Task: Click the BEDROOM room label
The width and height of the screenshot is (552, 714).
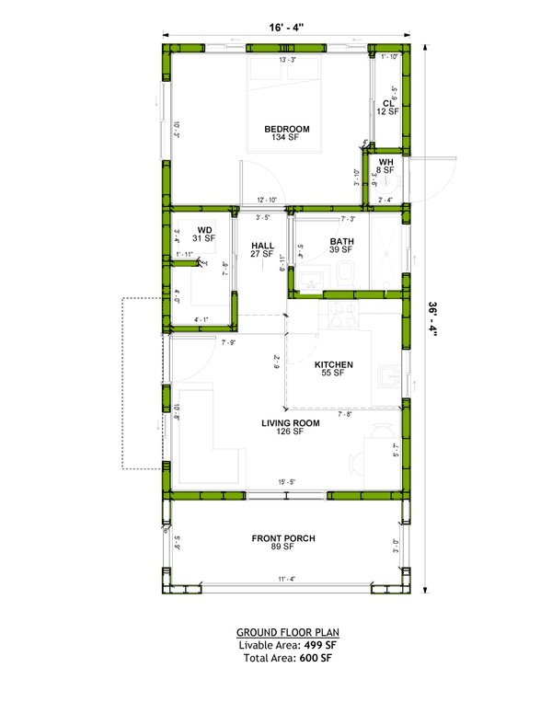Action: click(x=287, y=128)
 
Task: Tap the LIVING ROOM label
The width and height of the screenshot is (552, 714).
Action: click(x=290, y=423)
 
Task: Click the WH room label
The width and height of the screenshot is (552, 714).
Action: click(x=386, y=162)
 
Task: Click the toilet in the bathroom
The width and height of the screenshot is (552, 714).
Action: click(x=343, y=273)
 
